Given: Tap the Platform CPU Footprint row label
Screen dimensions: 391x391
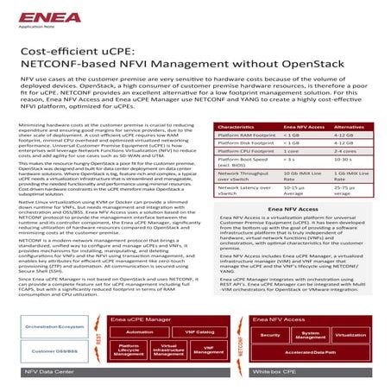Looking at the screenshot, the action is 247,151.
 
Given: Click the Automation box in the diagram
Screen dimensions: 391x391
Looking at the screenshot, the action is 139,307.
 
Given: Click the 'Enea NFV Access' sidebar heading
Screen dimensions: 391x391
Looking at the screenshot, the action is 293,209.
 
